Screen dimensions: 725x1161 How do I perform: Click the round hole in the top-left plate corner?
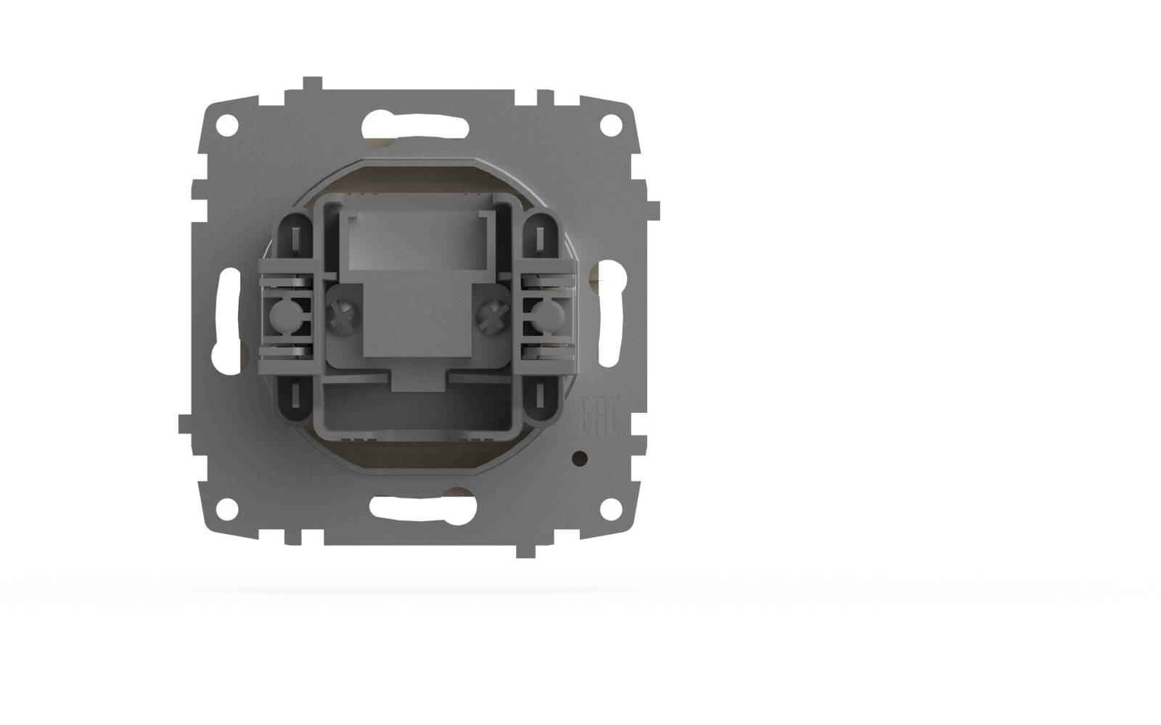click(x=227, y=124)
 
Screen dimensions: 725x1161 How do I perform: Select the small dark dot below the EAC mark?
click(x=580, y=458)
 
